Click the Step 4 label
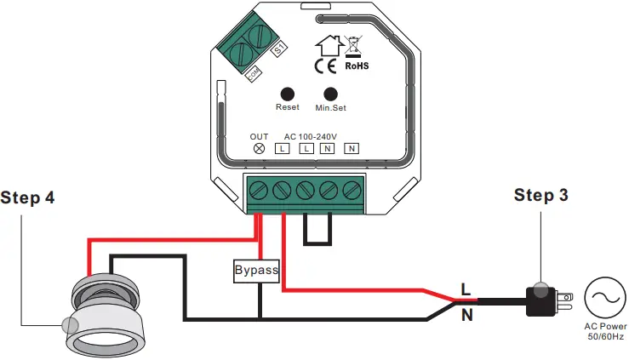pos(27,198)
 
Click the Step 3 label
pos(540,195)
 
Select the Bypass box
pos(256,271)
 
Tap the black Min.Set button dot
pos(330,94)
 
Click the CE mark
pos(324,65)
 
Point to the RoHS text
pos(357,65)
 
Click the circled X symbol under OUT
pos(260,149)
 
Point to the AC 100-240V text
pos(310,136)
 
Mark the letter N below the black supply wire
pos(465,315)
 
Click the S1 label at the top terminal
pos(277,52)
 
